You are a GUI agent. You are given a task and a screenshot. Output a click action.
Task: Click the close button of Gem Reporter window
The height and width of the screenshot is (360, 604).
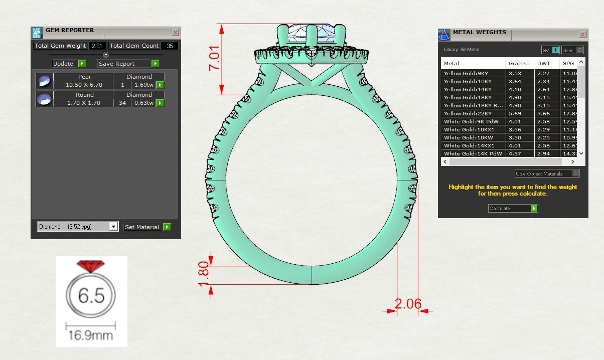[175, 33]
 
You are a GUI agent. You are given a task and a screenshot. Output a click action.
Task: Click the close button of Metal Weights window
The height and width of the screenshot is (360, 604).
[582, 35]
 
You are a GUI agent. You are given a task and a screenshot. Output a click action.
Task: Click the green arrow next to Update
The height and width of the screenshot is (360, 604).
[82, 64]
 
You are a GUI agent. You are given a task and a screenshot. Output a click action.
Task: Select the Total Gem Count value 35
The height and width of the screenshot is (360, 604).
[170, 46]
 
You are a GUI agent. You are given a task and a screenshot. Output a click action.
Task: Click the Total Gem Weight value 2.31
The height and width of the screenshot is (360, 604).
[96, 46]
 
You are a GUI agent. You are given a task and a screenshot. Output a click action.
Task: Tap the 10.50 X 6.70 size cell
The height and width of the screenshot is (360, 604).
[84, 85]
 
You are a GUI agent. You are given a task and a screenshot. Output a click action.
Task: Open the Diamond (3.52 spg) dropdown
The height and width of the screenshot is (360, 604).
[113, 227]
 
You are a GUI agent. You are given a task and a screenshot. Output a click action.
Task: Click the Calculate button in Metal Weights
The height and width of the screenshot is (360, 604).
[513, 208]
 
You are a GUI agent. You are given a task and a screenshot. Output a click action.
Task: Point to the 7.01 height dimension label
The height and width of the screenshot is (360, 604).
[214, 58]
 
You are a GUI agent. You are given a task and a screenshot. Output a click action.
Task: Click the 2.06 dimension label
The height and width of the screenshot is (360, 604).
[408, 304]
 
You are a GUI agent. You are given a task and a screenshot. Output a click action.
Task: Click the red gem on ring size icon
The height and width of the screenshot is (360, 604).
[90, 266]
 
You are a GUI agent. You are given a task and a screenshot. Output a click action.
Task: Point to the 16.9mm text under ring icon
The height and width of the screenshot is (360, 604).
[91, 335]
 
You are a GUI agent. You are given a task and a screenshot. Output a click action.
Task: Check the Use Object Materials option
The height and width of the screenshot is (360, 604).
[575, 173]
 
